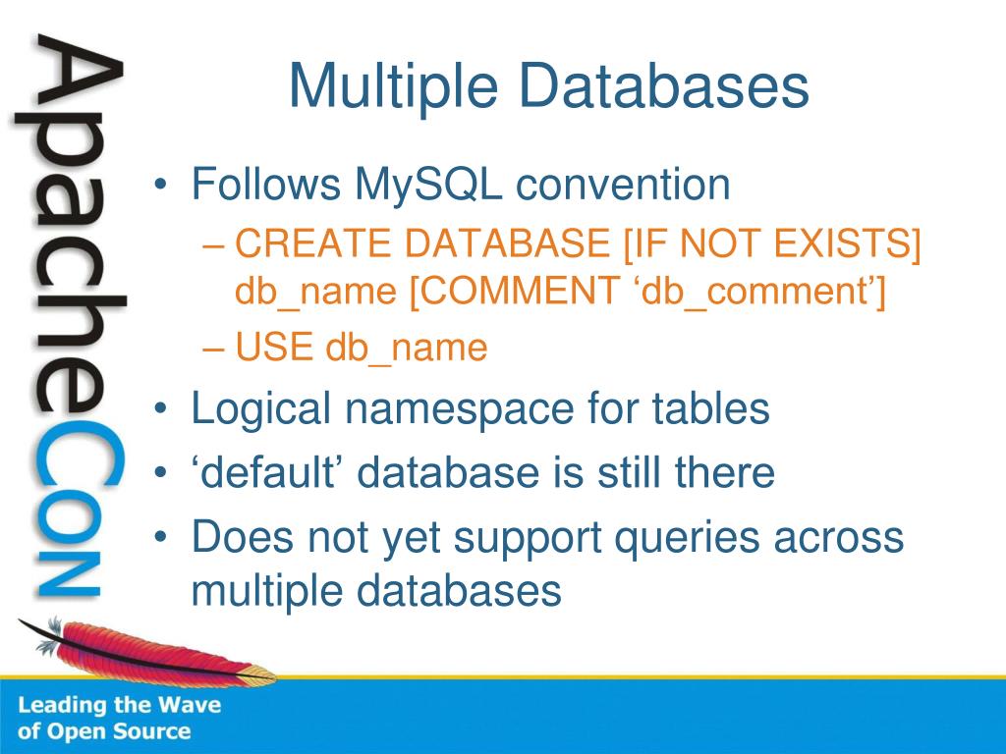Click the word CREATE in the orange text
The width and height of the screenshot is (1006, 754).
click(x=313, y=243)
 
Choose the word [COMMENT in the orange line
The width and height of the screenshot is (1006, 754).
click(x=514, y=292)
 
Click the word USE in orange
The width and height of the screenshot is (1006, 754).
click(x=274, y=347)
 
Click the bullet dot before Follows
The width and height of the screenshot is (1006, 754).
click(x=161, y=186)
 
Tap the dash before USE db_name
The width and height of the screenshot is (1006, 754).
click(x=213, y=348)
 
